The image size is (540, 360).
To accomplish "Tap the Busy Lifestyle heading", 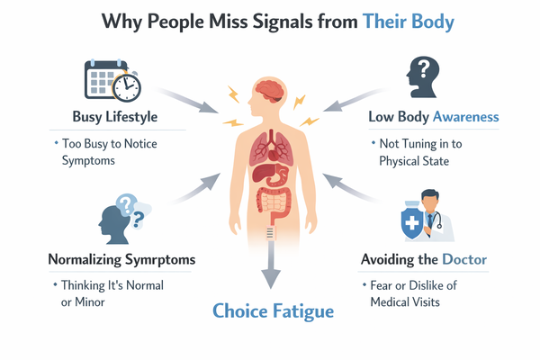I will click(x=116, y=117).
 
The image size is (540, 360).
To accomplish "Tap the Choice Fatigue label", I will click(x=273, y=311).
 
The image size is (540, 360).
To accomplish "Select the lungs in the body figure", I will click(x=270, y=143).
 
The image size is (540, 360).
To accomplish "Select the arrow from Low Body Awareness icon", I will click(x=355, y=102).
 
